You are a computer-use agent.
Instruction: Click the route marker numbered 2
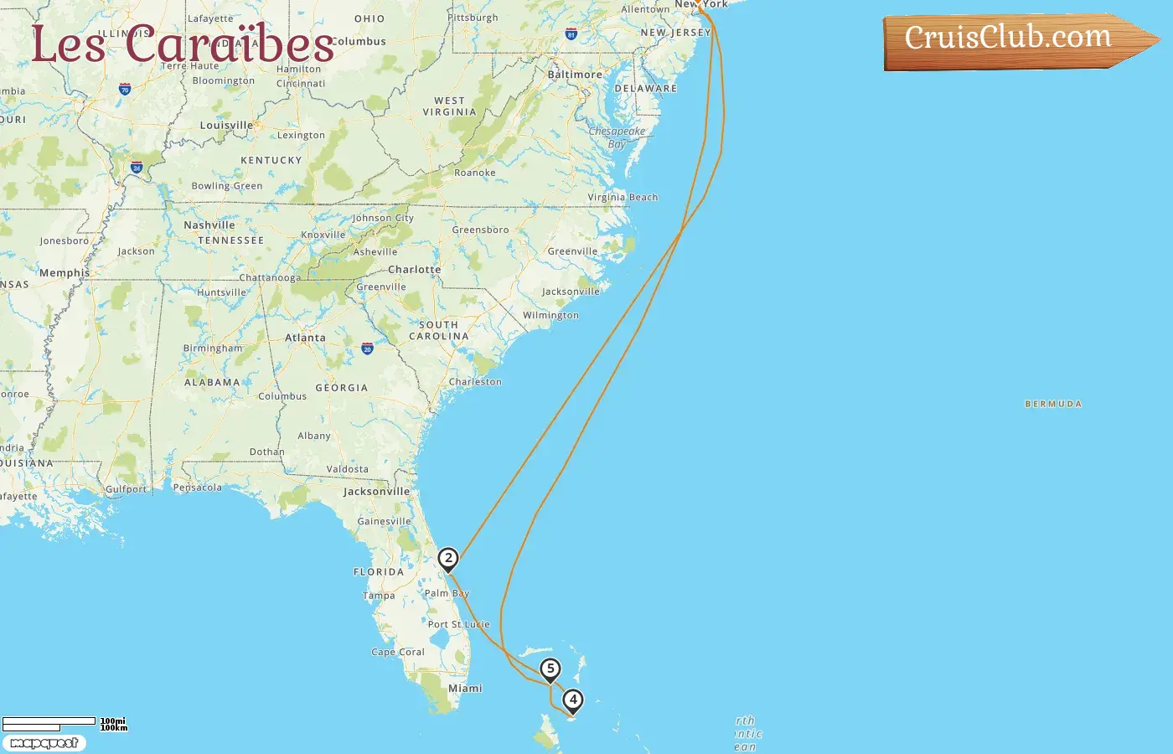click(x=448, y=559)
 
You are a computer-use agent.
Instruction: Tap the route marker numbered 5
click(x=550, y=669)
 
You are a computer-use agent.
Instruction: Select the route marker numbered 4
click(x=573, y=700)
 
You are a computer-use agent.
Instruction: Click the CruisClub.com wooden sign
click(x=1014, y=39)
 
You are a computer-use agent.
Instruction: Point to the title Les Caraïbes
click(x=183, y=44)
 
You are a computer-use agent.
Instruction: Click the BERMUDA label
click(x=1053, y=404)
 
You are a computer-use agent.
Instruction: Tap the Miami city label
click(x=465, y=689)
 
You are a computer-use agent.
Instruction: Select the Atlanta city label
click(x=305, y=338)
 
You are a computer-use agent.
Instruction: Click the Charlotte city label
click(x=414, y=270)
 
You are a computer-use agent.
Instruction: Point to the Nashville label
click(x=209, y=225)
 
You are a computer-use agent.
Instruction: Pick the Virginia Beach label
click(x=623, y=198)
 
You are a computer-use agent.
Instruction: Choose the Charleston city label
click(x=475, y=382)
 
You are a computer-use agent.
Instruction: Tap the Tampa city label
click(x=379, y=596)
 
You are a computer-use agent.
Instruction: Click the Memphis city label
click(x=65, y=273)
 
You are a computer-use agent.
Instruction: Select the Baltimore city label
click(x=575, y=75)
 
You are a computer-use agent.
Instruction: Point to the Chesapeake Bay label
click(x=617, y=137)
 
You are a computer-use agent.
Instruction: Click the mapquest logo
click(x=44, y=743)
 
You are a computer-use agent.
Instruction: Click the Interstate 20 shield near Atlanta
click(x=367, y=349)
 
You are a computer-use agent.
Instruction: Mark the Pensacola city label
click(x=198, y=488)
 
